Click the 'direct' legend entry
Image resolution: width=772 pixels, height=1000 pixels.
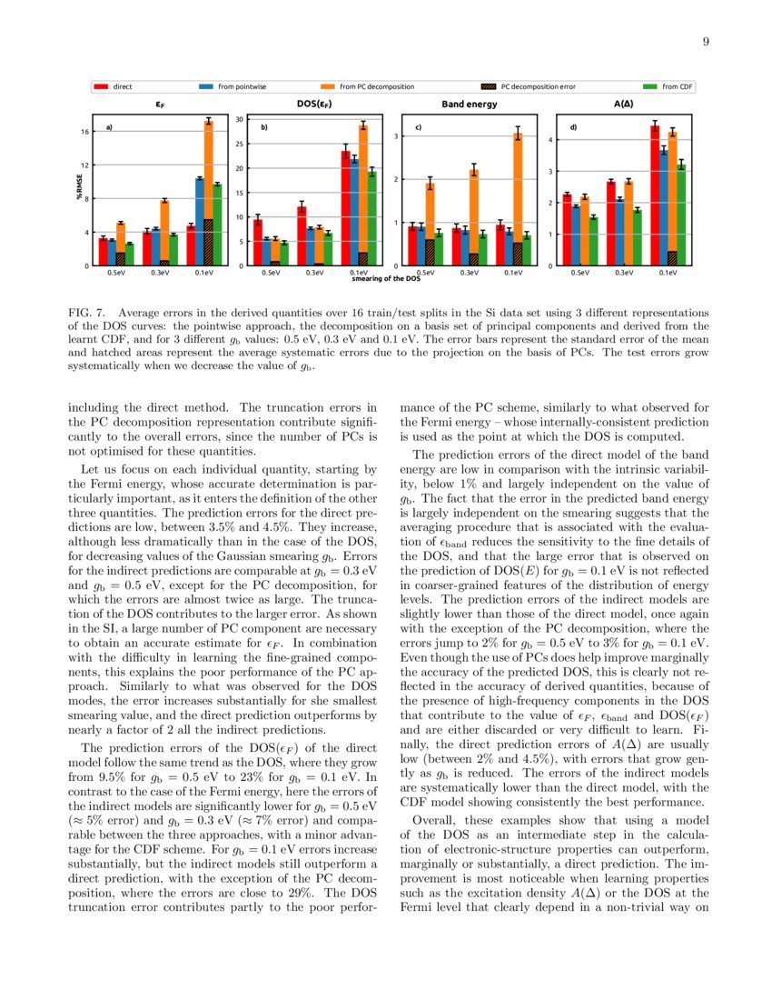pos(122,87)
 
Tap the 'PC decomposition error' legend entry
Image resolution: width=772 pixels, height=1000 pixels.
pos(538,87)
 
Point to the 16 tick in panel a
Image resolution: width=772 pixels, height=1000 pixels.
pos(84,132)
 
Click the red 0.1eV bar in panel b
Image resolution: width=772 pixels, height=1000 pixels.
pos(345,208)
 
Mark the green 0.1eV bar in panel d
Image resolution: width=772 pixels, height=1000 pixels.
pos(680,215)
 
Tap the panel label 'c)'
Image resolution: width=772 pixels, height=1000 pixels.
pos(418,127)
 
